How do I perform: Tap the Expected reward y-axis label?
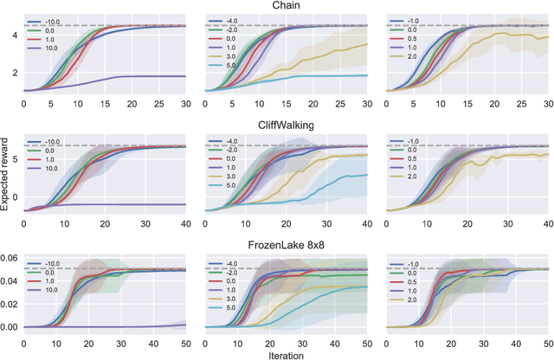(x=6, y=180)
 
